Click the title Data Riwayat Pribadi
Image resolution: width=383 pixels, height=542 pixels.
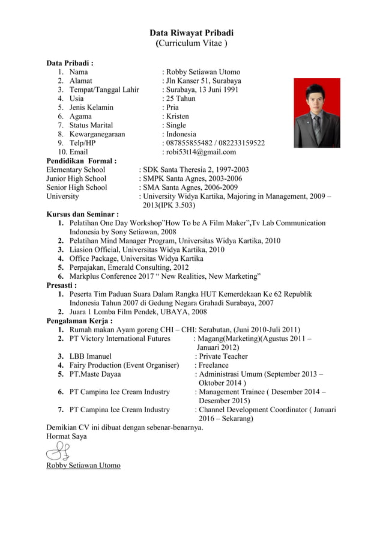(x=191, y=33)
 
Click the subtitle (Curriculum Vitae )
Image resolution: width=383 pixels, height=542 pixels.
(x=191, y=44)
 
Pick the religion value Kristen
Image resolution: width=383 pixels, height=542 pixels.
(x=177, y=116)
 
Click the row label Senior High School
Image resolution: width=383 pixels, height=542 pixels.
(x=77, y=187)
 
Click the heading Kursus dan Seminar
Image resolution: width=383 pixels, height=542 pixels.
(x=82, y=214)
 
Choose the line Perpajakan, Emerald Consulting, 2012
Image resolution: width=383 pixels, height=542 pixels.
(x=129, y=267)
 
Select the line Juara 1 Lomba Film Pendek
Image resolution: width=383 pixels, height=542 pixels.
(x=138, y=312)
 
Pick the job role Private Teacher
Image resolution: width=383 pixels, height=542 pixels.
(x=223, y=356)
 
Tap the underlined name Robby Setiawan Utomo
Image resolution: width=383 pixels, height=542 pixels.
(x=83, y=466)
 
